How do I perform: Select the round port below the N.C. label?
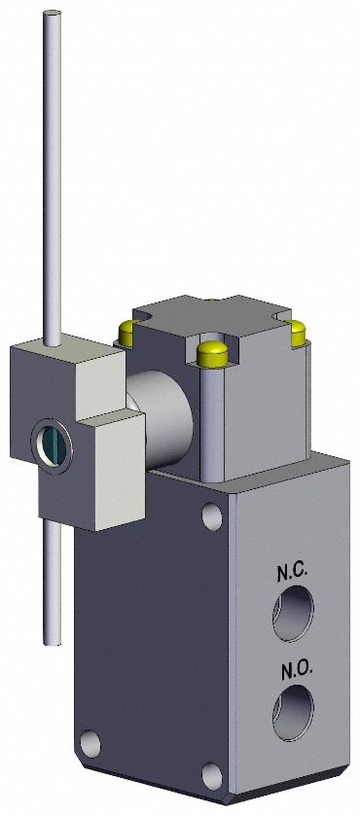292,615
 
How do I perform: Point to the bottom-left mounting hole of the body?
90,744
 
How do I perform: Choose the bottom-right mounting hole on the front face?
212,775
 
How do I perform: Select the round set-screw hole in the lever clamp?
50,443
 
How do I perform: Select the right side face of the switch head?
268,408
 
